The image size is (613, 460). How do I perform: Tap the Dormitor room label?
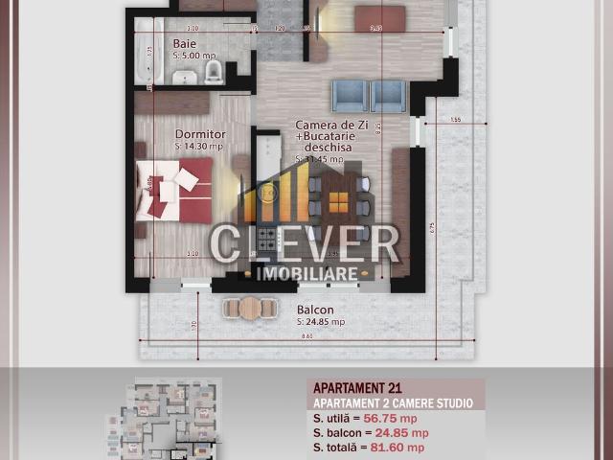200,134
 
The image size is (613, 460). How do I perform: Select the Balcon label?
315,310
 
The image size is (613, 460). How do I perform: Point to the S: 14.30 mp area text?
200,147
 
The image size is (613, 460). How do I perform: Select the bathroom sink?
186,76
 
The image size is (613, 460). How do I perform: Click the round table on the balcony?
250,308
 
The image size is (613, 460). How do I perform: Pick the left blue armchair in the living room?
350,96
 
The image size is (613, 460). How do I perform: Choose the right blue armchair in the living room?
388,96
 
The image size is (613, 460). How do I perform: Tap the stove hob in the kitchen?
267,240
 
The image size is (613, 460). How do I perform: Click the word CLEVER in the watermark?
305,243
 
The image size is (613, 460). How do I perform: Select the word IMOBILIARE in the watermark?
307,274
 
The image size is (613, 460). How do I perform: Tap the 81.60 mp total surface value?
403,447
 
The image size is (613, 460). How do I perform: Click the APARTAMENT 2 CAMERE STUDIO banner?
392,403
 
